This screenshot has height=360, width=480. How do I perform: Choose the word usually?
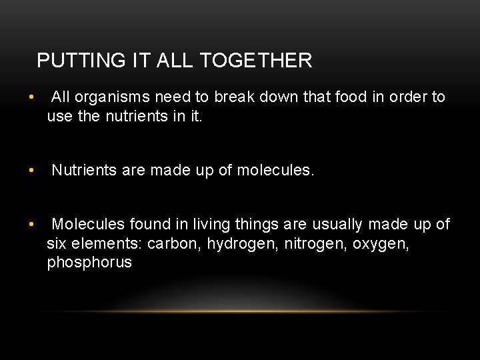click(x=339, y=225)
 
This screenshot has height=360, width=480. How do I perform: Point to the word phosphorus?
click(x=89, y=263)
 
